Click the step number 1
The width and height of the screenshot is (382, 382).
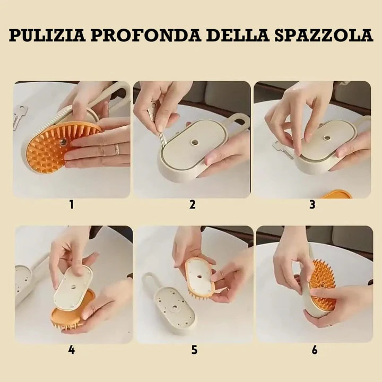coord(71,204)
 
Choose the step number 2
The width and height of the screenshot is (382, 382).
coord(192,204)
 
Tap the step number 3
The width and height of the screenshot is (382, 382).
coord(312,204)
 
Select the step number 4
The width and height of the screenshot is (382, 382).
coord(71,350)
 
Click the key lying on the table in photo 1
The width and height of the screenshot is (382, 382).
coord(20,116)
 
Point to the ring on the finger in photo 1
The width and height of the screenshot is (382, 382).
coord(117,150)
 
